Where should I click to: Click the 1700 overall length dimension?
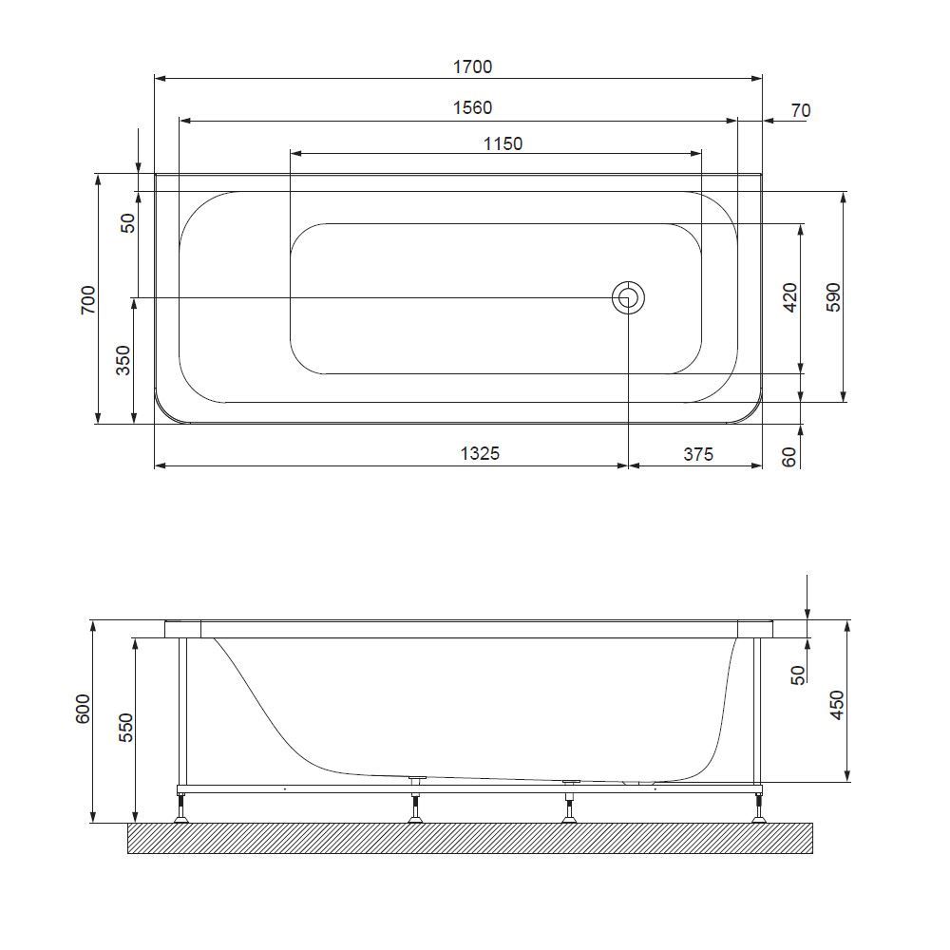coord(472,66)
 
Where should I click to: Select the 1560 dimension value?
coord(472,108)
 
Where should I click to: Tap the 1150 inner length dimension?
coord(503,144)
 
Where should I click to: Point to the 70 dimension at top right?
coord(800,111)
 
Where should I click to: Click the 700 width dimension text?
coord(88,299)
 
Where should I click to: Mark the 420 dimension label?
coord(790,298)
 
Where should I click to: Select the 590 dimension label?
coord(834,296)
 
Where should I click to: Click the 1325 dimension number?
coord(480,454)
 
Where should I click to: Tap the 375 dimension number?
coord(697,454)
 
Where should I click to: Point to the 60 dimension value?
coord(789,457)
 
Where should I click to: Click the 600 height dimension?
coord(83,710)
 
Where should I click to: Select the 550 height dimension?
coord(126,727)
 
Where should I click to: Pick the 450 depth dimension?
coord(837,705)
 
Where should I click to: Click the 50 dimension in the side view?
coord(799,674)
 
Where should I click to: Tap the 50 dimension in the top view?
coord(128,223)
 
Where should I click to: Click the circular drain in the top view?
coord(628,298)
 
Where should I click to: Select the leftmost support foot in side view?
coord(180,808)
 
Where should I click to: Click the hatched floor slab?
coord(470,838)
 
